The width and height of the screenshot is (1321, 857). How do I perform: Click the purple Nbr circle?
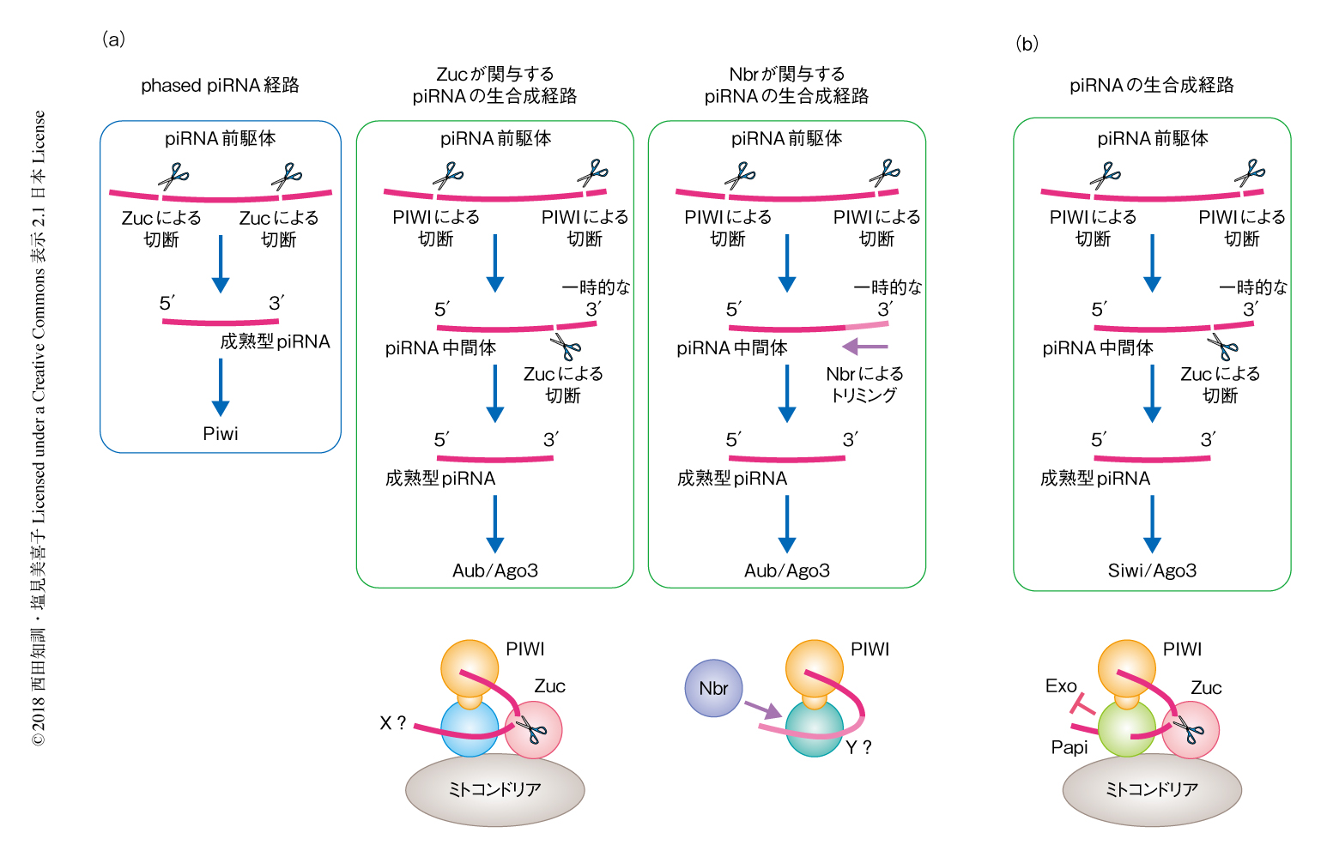(x=712, y=688)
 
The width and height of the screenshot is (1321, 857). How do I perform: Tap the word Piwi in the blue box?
(x=221, y=434)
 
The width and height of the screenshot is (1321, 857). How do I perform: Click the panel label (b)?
(x=1027, y=44)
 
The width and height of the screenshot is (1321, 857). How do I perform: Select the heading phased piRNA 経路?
(x=220, y=86)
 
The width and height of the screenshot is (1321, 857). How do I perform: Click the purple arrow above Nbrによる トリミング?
(x=864, y=347)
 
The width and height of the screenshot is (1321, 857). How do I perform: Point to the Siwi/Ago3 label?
(x=1152, y=570)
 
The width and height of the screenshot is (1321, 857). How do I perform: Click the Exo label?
(x=1061, y=686)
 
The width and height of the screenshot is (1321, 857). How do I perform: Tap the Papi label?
(x=1069, y=747)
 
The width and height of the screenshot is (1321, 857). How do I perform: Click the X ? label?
(x=393, y=723)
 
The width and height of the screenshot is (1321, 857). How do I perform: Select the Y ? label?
(x=858, y=748)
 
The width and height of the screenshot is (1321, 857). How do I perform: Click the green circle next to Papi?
(x=1126, y=729)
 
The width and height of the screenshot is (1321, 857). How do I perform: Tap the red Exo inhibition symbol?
(x=1082, y=705)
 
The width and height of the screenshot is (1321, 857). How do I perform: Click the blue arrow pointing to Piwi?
(x=221, y=387)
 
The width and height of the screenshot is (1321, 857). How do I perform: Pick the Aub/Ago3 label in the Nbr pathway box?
(x=787, y=570)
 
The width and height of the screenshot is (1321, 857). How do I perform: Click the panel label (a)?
(x=113, y=39)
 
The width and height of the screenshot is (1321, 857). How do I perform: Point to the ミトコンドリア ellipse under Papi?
(x=1152, y=790)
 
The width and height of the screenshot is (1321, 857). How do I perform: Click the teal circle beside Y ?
(x=813, y=729)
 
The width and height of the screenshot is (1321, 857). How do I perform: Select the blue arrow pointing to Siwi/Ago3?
(x=1152, y=524)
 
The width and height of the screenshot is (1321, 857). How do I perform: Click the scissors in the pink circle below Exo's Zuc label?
(x=1190, y=730)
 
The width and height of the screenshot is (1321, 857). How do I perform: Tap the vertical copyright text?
(x=39, y=429)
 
